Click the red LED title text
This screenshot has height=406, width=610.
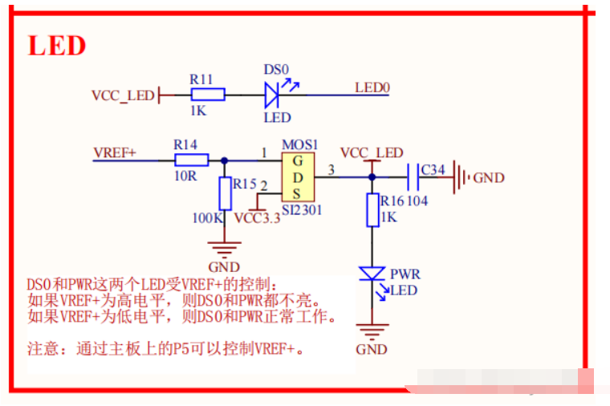[57, 46]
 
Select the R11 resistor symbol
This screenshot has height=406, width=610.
[208, 95]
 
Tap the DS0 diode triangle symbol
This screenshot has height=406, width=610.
[271, 95]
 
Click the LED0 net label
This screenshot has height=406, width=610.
[372, 87]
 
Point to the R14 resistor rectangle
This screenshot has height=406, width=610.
[191, 160]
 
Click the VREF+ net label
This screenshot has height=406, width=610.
[115, 152]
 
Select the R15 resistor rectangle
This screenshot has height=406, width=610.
[225, 193]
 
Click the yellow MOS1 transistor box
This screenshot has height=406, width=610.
[298, 177]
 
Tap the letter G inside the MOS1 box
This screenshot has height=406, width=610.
[298, 160]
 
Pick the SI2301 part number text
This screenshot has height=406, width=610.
[302, 210]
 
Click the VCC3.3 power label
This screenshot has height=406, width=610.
[257, 218]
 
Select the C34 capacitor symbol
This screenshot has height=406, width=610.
[413, 177]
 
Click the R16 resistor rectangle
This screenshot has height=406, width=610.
[372, 210]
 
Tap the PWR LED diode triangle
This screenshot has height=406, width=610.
[372, 274]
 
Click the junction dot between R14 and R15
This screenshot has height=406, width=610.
[224, 160]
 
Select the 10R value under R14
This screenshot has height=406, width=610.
[185, 177]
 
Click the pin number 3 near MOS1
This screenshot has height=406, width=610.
[331, 169]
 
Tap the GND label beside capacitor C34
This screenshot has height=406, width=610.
[489, 177]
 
